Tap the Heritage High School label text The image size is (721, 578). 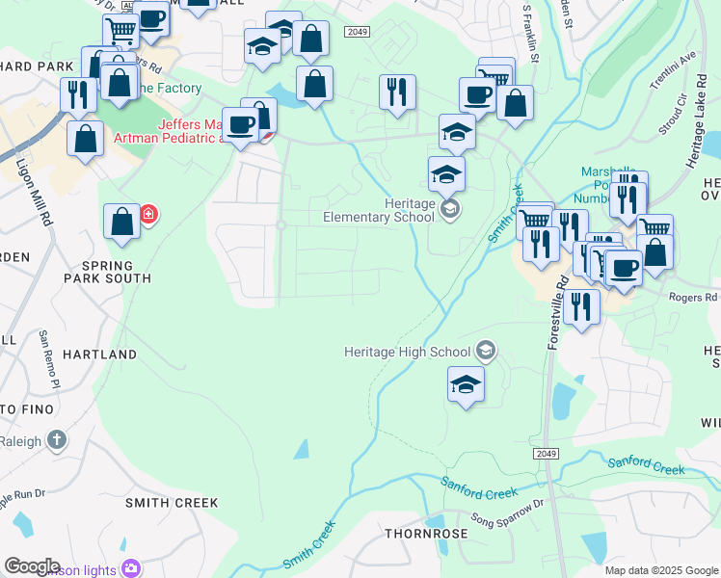click(x=409, y=353)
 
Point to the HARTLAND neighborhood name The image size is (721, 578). click(x=100, y=355)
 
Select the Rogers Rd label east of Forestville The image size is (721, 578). click(x=693, y=298)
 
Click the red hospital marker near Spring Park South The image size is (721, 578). click(x=148, y=213)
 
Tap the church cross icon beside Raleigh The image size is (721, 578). click(x=57, y=441)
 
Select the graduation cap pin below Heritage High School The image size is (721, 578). click(x=466, y=384)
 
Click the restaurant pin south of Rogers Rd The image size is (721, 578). click(x=582, y=306)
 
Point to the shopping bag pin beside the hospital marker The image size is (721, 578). click(x=122, y=222)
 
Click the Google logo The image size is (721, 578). click(x=32, y=566)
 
